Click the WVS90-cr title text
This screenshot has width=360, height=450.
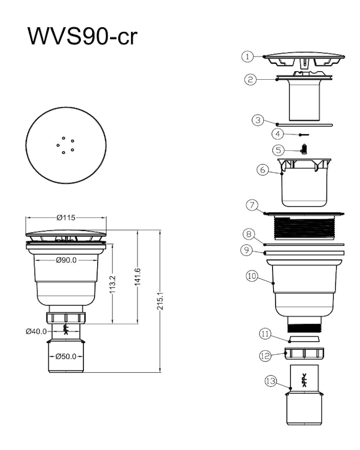(82, 36)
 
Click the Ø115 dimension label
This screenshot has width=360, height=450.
(66, 218)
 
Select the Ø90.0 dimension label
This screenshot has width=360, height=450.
(66, 260)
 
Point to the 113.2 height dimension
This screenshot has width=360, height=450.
(112, 284)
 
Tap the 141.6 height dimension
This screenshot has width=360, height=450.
(137, 277)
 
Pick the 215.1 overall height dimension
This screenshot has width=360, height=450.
(160, 301)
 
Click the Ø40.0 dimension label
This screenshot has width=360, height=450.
(36, 332)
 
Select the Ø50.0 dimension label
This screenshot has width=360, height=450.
(66, 356)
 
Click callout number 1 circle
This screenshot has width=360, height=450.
(247, 56)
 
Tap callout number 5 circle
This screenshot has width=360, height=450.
(278, 150)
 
